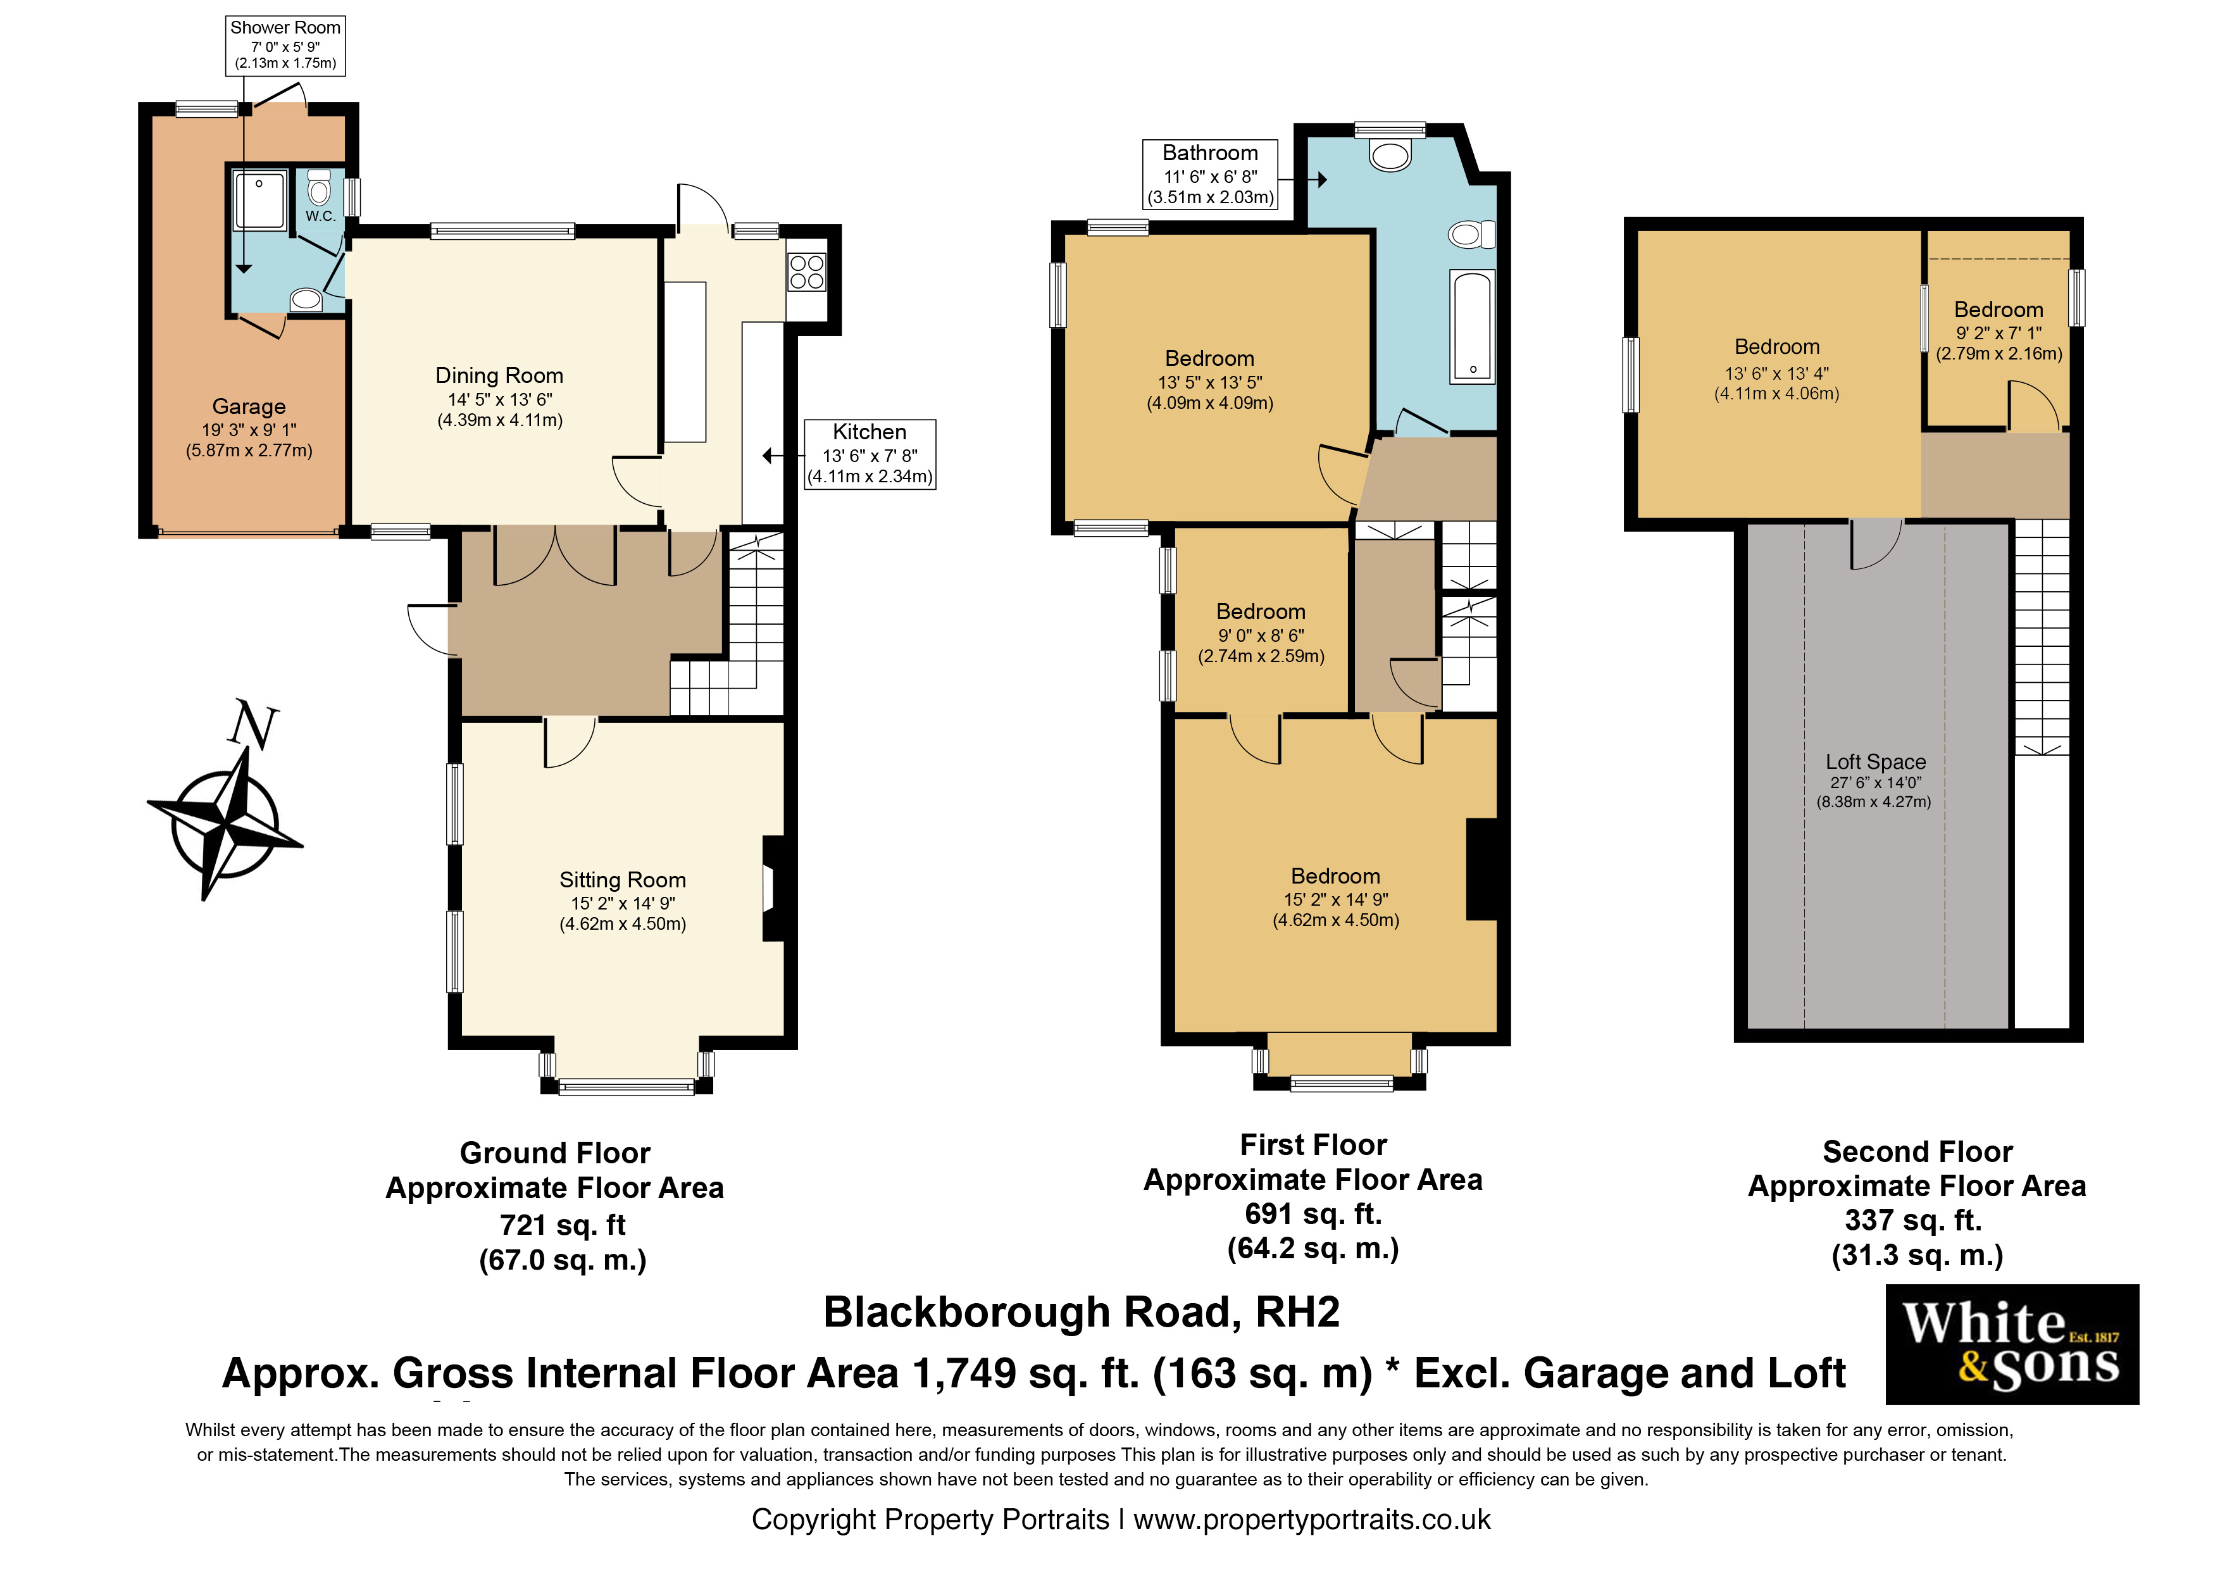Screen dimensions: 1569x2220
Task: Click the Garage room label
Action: [x=249, y=407]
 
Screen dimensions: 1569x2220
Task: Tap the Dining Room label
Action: [x=499, y=376]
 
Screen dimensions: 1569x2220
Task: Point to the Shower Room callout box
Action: [x=285, y=44]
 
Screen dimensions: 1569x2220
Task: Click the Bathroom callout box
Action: [x=1209, y=174]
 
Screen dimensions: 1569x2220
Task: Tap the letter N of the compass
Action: [x=253, y=725]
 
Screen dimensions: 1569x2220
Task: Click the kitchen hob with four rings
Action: [x=806, y=272]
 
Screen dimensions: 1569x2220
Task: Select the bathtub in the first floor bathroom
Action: [x=1471, y=326]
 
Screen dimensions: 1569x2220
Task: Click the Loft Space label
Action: [x=1875, y=763]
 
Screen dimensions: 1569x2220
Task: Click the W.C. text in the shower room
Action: [x=320, y=216]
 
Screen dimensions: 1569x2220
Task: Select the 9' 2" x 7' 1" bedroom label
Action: [x=1999, y=332]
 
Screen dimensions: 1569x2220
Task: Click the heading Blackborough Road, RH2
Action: [x=1081, y=1313]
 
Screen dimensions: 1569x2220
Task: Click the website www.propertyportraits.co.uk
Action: [x=1311, y=1520]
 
